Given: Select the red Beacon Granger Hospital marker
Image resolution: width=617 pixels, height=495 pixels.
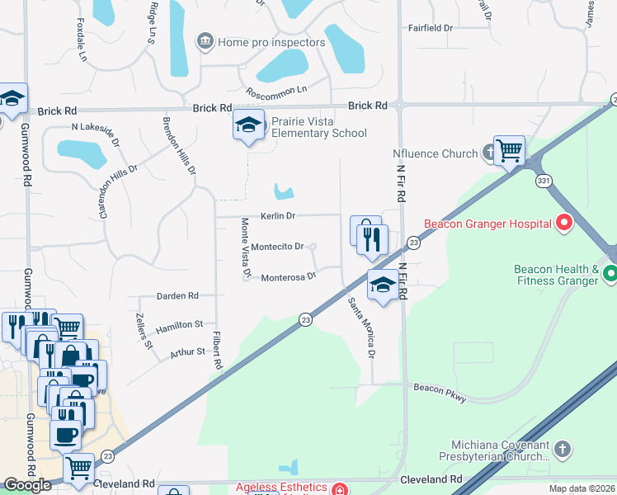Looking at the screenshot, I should point(564,223).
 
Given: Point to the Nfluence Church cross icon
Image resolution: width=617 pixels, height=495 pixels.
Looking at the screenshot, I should point(489,153).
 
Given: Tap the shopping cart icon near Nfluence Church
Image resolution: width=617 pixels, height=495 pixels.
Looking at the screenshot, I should point(510,150).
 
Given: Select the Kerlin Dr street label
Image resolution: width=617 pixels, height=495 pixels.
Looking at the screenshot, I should point(278,215).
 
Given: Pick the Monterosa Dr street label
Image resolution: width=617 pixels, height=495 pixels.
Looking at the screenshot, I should point(289,276).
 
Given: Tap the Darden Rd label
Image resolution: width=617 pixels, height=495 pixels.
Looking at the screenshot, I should point(178,295).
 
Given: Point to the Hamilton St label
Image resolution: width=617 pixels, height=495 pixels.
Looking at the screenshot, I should point(179,325).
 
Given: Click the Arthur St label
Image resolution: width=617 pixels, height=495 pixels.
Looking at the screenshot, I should point(187,351).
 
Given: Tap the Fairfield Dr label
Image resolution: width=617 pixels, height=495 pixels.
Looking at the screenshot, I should point(431,28).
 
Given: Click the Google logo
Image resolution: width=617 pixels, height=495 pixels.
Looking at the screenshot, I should point(27,485).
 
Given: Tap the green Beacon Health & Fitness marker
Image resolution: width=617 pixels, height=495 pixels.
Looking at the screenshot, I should point(610,274).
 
